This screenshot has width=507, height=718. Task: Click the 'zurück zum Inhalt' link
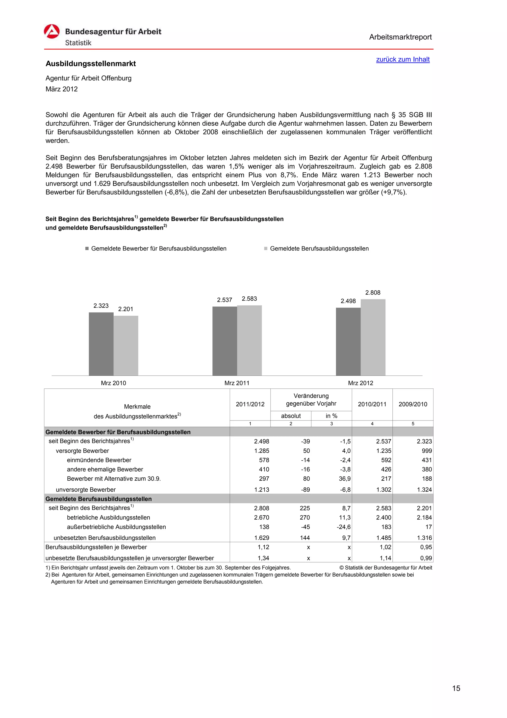pos(403,59)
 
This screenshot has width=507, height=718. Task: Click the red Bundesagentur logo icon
pos(51,31)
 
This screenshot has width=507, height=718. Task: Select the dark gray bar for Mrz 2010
pos(101,344)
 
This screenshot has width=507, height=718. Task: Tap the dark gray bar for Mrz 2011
pos(225,341)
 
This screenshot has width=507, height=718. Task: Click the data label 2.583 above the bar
pos(249,299)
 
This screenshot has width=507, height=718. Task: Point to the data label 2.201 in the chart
pos(126,309)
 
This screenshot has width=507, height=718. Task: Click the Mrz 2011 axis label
pos(237,383)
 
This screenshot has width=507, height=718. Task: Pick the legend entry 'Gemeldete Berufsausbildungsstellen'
pos(319,249)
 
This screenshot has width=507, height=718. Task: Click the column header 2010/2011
pos(372,404)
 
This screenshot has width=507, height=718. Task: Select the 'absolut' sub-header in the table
pos(291,415)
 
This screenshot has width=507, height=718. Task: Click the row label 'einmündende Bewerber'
pos(99,460)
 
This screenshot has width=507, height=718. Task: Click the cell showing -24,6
pos(344,527)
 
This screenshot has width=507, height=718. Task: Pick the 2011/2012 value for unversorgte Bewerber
pos(261,490)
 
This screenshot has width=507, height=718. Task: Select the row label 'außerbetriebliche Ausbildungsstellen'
pos(116,527)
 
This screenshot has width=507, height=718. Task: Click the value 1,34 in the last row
pos(263,558)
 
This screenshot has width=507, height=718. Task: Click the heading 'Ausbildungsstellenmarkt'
pos(91,64)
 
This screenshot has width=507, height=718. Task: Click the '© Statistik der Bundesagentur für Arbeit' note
pos(385,568)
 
